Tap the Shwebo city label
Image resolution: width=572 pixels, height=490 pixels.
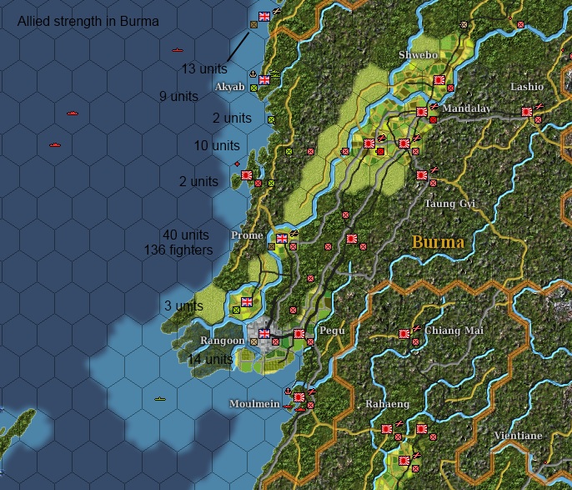click(418, 55)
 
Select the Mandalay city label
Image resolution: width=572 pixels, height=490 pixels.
click(467, 109)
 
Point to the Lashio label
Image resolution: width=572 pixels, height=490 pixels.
click(526, 87)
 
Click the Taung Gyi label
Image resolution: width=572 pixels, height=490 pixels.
click(450, 204)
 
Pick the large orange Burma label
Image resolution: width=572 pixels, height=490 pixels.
click(438, 242)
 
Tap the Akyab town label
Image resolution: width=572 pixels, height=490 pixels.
click(229, 87)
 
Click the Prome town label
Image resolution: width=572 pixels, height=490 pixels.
click(247, 235)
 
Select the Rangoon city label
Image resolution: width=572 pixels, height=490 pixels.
click(222, 341)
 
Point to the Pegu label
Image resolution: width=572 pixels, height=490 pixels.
click(332, 331)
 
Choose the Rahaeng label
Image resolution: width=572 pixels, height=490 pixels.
click(387, 404)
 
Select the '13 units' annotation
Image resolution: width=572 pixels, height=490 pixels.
click(204, 68)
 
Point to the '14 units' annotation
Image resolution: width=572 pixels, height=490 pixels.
click(209, 359)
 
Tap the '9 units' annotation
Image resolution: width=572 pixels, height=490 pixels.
click(179, 96)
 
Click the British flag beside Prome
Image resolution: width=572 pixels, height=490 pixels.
click(282, 239)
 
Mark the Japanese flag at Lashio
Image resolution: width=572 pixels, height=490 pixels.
click(527, 111)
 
